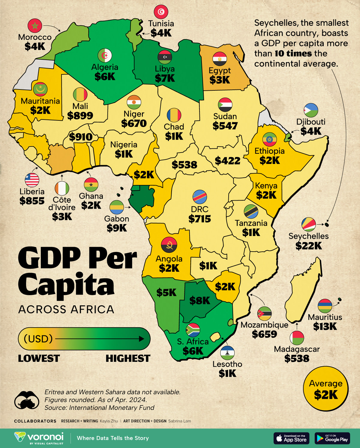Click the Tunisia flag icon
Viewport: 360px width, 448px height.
pos(161,12)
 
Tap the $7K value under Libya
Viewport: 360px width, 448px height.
pos(165,78)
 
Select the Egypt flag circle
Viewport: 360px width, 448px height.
pos(220,59)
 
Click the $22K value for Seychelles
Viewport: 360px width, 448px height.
pos(308,246)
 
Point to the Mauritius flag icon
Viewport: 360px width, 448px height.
pos(325,306)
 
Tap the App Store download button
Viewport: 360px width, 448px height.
pos(291,438)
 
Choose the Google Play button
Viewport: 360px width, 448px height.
pos(332,438)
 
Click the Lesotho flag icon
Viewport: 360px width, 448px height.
pos(227,353)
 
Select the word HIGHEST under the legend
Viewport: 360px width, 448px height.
pos(128,358)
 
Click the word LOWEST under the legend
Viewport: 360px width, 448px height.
pos(39,358)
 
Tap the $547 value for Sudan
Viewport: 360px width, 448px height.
pos(225,126)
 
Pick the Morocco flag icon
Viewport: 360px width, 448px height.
pos(35,26)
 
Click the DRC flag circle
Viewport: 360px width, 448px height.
pos(199,197)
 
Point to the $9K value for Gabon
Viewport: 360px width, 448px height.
pos(117,228)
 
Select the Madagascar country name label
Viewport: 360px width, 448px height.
pos(297,349)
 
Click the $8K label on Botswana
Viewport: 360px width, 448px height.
pos(199,300)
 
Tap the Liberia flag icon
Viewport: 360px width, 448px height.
pos(32,180)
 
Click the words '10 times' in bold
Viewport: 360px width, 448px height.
pos(293,53)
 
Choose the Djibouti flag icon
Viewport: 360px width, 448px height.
pos(311,110)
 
